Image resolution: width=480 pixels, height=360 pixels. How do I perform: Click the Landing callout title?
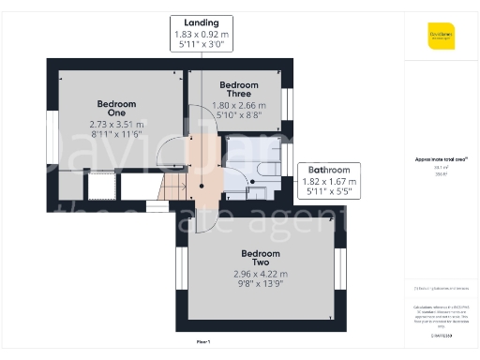click(202, 22)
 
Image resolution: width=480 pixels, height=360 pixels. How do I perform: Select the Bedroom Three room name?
click(232, 87)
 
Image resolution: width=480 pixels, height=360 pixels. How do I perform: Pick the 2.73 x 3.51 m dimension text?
click(116, 124)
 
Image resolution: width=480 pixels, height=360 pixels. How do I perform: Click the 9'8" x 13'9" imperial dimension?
click(260, 284)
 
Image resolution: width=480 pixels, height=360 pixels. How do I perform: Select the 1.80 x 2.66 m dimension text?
click(232, 105)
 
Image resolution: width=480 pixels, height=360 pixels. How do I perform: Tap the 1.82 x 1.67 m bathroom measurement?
click(323, 183)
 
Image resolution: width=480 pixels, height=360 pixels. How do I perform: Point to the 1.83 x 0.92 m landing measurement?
click(202, 34)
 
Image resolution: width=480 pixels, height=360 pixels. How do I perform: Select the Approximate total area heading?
click(440, 160)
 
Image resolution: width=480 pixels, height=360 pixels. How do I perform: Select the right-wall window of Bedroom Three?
click(288, 103)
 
